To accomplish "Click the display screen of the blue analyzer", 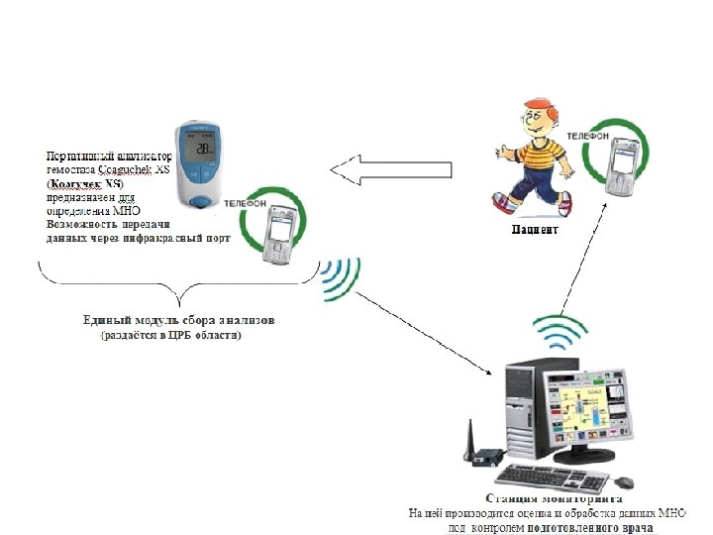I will point(203,149).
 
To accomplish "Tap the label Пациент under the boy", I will point(535,230).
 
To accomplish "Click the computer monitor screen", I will point(584,410).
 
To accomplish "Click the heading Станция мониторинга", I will point(560,498).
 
